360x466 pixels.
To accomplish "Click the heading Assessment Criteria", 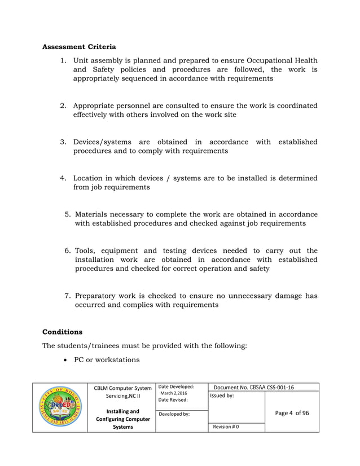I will pos(79,46).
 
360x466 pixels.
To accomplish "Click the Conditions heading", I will pos(63,332).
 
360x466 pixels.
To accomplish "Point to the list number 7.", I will pos(67,296).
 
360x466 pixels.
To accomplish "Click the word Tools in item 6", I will pos(86,250).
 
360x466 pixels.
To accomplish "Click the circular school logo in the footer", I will pos(60,407).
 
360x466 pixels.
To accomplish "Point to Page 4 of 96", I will pos(292,413).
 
